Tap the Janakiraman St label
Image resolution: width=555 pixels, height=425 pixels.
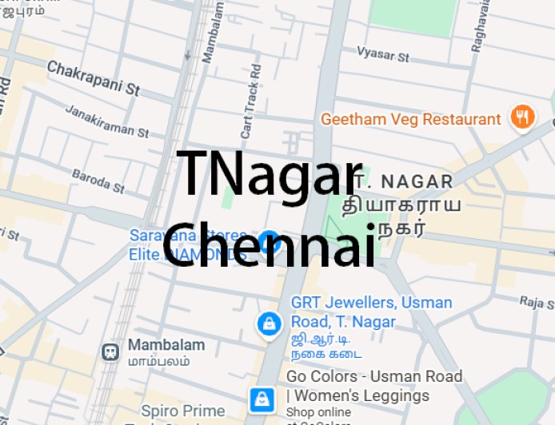click(106, 121)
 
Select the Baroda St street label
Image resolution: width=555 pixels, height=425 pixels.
click(98, 181)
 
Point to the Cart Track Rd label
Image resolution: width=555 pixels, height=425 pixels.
click(251, 99)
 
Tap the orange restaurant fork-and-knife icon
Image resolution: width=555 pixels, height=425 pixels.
click(522, 117)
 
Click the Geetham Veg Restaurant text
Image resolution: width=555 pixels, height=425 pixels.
click(410, 120)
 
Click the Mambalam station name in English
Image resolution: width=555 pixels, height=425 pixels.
click(166, 345)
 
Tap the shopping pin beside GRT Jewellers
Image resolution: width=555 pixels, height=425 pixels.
click(268, 324)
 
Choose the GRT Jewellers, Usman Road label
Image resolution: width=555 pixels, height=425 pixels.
click(370, 312)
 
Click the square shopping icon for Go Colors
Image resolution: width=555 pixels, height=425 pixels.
click(262, 398)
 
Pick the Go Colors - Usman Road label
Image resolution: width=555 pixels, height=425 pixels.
click(374, 385)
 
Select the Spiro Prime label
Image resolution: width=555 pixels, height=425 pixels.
click(183, 411)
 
